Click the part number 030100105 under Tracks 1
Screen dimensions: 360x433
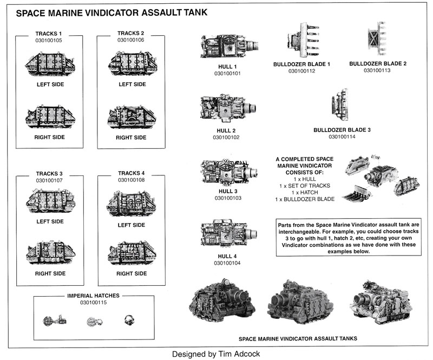click(x=49, y=40)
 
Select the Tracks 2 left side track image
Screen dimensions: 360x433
click(x=132, y=63)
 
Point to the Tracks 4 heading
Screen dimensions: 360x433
click(x=131, y=173)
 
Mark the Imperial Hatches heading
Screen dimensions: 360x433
click(x=94, y=296)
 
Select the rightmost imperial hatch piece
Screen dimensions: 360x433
click(x=129, y=320)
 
